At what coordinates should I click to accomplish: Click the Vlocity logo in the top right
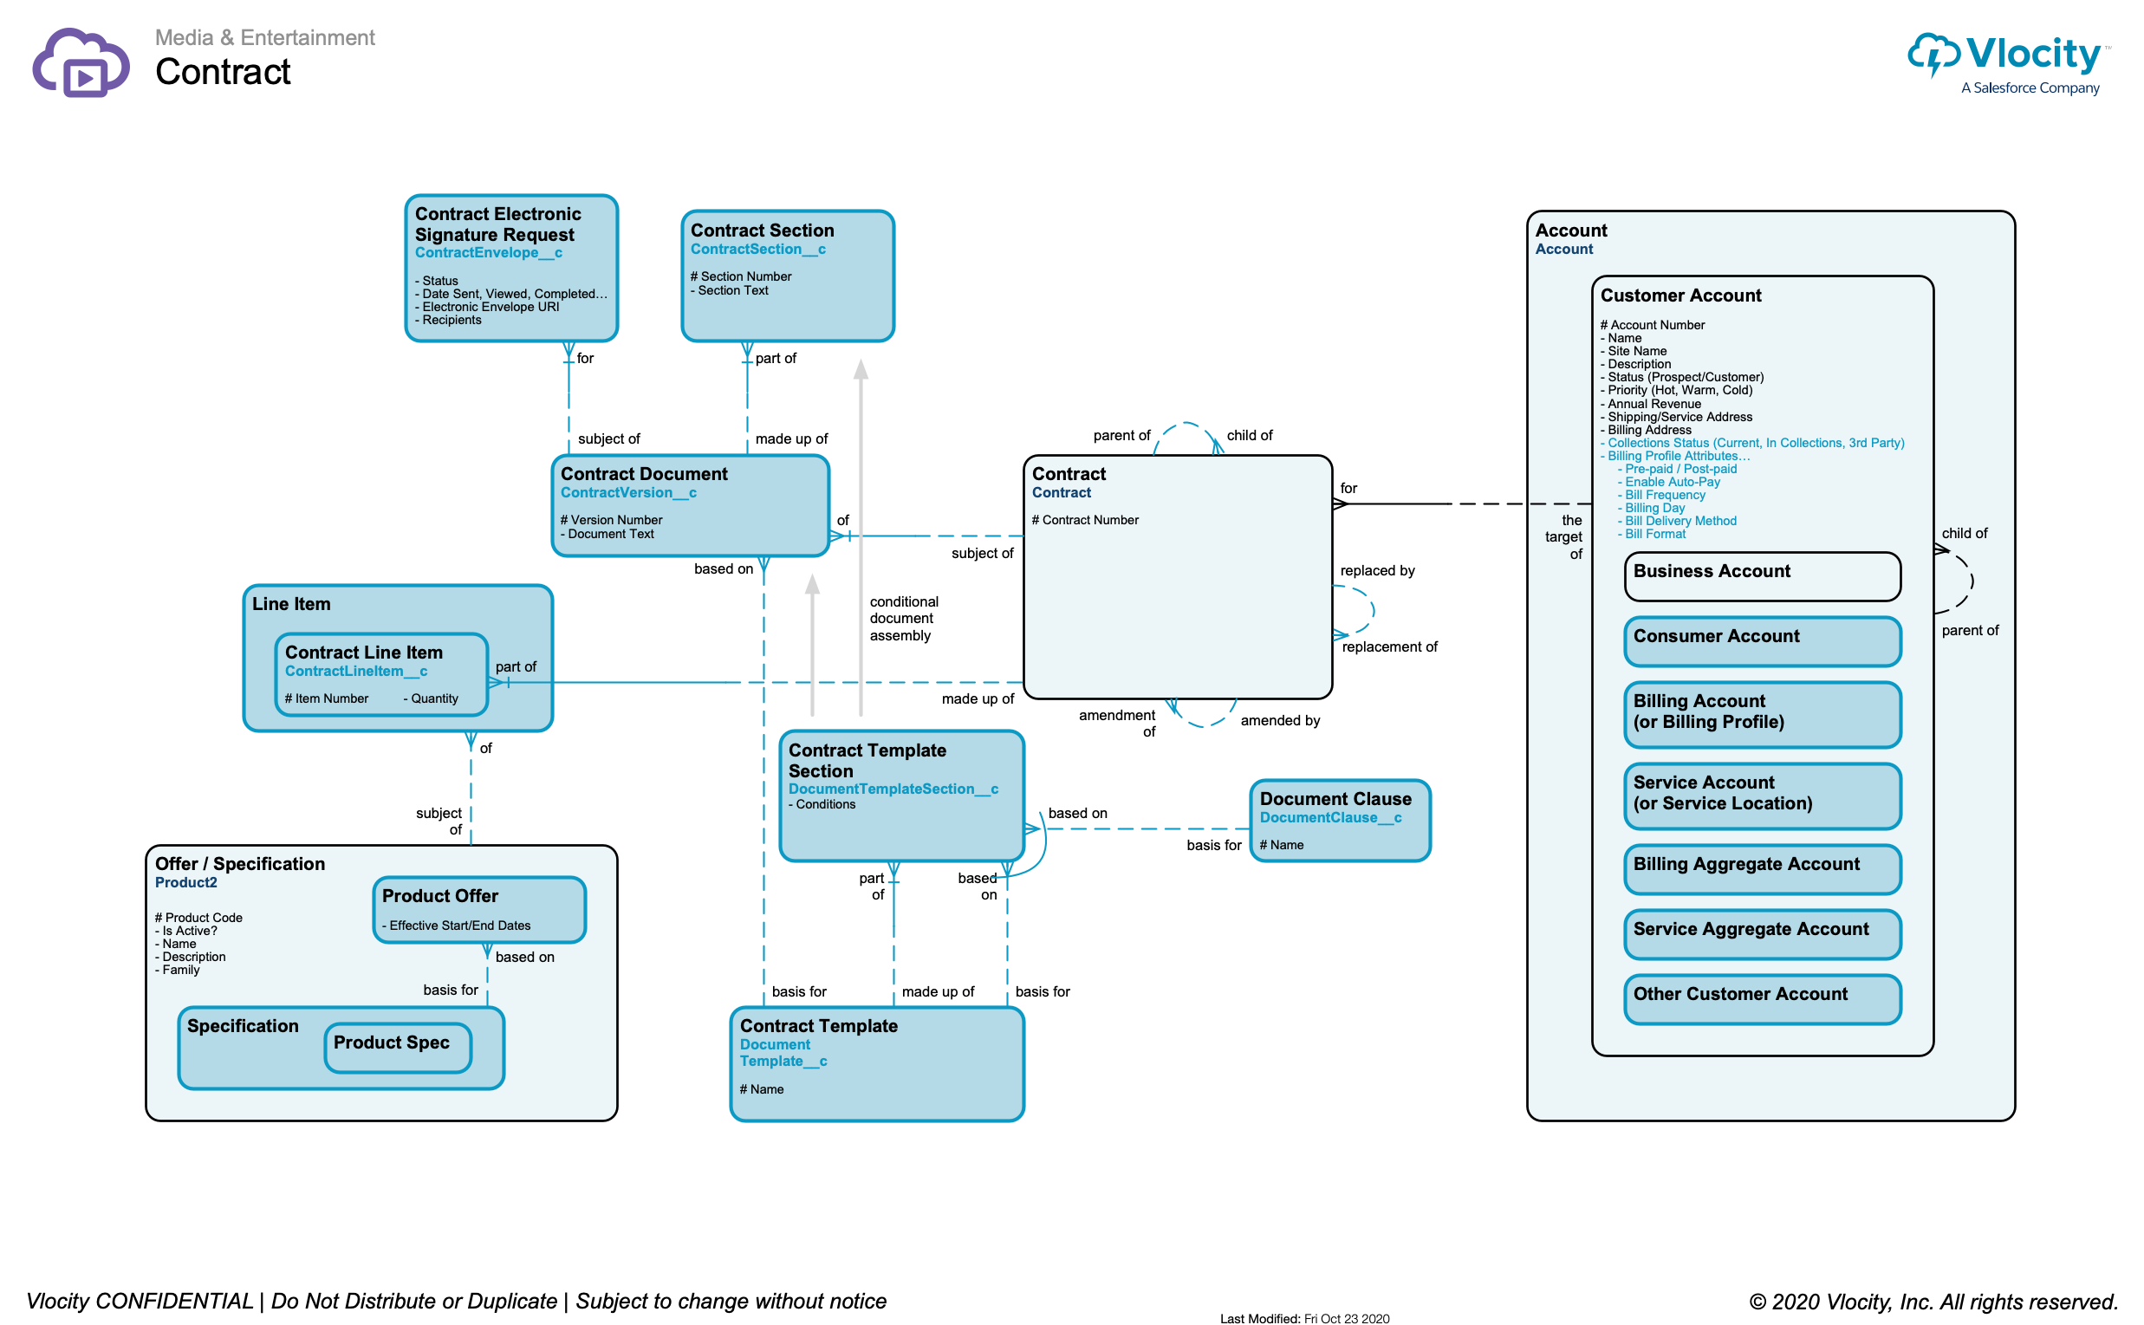pos(2010,62)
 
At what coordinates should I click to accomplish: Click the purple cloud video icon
pos(81,63)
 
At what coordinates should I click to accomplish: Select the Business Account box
pos(1762,576)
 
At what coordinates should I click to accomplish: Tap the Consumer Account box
pos(1762,641)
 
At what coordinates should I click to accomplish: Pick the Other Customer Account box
pos(1762,999)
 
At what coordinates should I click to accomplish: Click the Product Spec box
pos(398,1047)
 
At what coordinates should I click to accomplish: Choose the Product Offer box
pos(479,910)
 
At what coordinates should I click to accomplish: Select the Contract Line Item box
pos(381,675)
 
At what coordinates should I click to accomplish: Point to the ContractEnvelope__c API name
pos(489,253)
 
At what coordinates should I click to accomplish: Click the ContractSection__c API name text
pos(758,250)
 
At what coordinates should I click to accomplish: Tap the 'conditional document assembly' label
pos(903,619)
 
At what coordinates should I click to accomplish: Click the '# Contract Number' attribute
pos(1086,521)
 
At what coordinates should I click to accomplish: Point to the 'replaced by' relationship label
pos(1377,571)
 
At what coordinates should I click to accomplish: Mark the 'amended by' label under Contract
pos(1280,721)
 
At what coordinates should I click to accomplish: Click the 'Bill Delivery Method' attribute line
pos(1680,522)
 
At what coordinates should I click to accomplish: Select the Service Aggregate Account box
pos(1762,934)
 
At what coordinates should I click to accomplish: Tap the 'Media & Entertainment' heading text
pos(264,37)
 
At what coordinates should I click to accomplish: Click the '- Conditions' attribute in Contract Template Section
pos(822,805)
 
